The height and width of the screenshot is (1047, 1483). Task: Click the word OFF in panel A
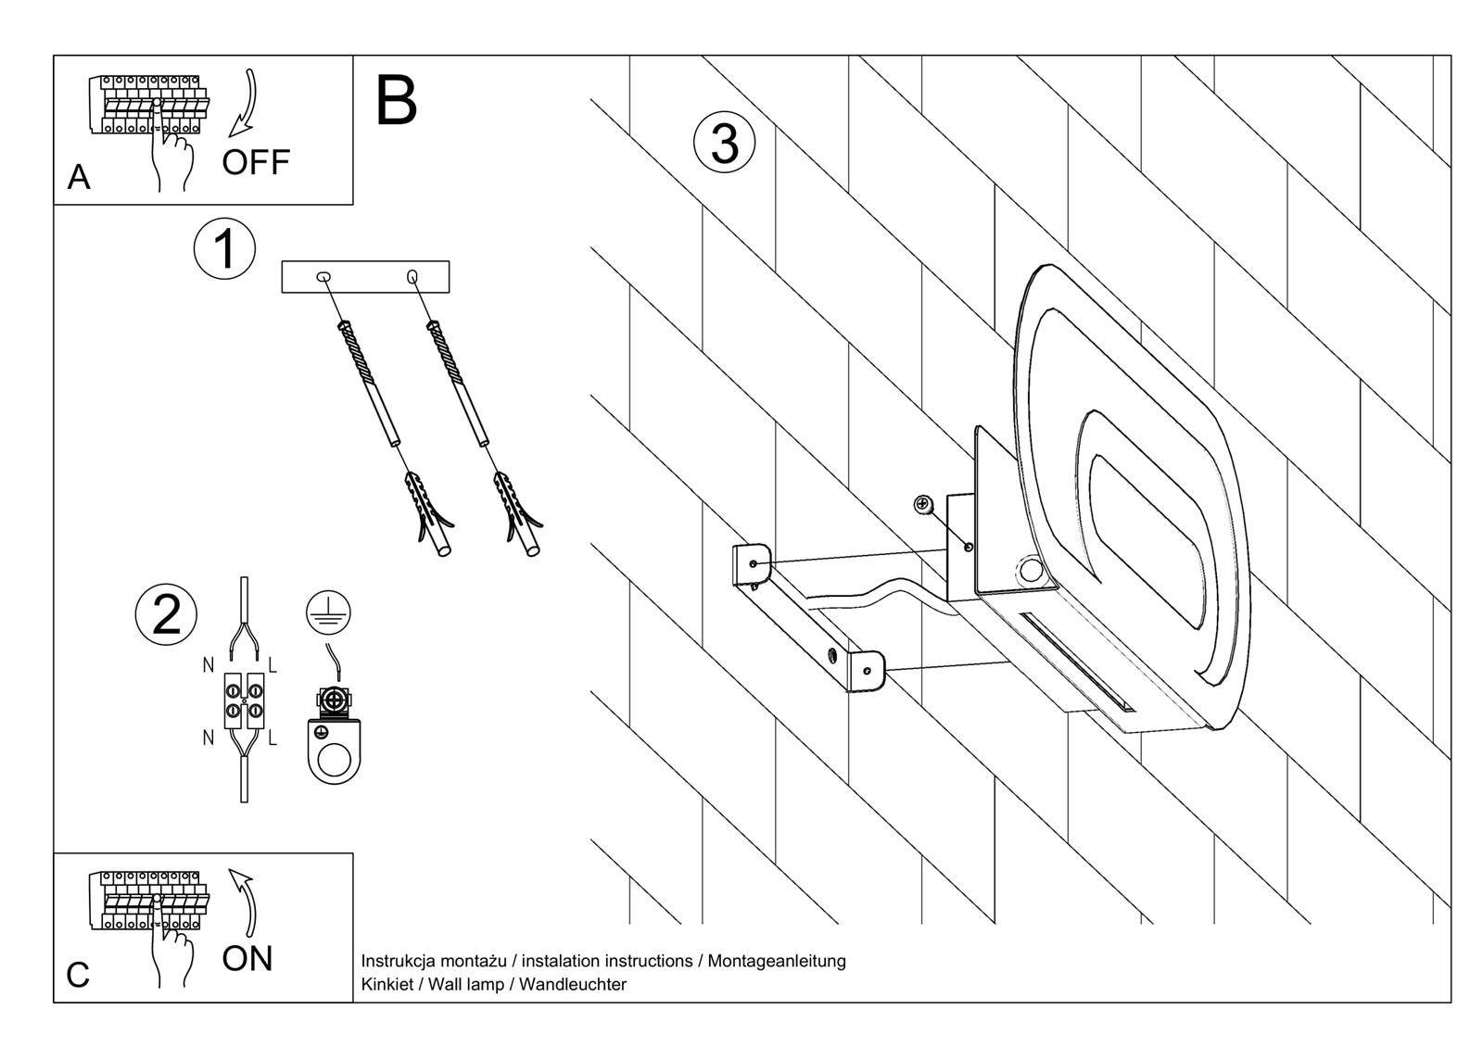(x=256, y=162)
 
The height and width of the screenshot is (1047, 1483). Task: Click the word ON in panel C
(x=247, y=958)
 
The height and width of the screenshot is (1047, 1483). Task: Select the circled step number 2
(x=166, y=613)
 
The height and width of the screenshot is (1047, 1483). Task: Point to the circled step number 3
(x=725, y=145)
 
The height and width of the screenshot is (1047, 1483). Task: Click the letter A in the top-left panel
(x=80, y=177)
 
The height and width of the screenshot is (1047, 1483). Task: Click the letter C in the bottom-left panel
(x=79, y=975)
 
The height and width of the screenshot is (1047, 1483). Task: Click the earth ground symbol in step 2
(x=329, y=613)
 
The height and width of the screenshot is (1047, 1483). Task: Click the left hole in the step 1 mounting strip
(x=323, y=276)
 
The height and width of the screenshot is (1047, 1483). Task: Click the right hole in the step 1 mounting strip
(x=412, y=276)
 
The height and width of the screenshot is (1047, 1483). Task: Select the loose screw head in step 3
(x=923, y=504)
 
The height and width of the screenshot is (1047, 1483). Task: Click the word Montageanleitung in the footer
(x=777, y=961)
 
